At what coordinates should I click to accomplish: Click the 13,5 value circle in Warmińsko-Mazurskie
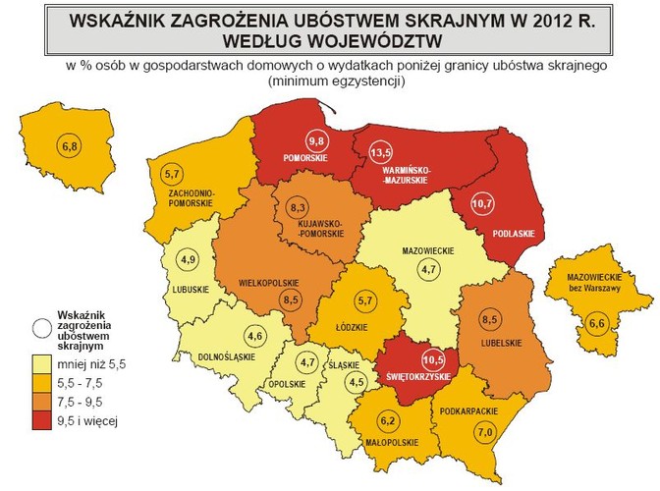click(380, 152)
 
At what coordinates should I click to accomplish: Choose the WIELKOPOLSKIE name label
click(269, 283)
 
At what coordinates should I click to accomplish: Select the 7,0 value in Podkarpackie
click(484, 429)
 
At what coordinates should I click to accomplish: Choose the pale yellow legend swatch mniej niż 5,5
click(40, 363)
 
